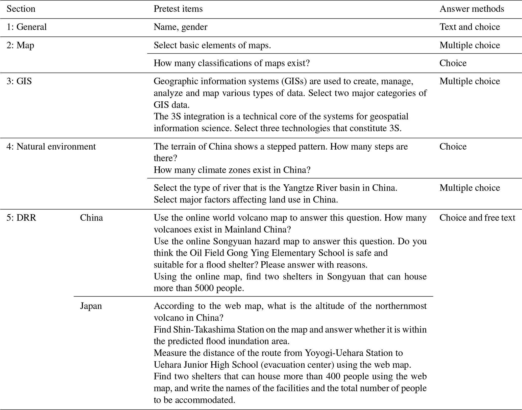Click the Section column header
point(21,9)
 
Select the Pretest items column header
point(178,9)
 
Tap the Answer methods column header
point(471,9)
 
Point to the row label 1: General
point(27,27)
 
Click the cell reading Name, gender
point(180,27)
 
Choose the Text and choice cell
point(469,27)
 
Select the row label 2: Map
point(20,45)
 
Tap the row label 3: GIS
point(19,81)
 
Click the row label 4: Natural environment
point(51,147)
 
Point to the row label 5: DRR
point(21,218)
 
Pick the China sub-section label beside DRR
point(91,218)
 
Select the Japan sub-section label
point(91,306)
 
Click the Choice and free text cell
point(477,218)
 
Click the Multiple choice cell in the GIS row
point(469,81)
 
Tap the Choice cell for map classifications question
point(453,63)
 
